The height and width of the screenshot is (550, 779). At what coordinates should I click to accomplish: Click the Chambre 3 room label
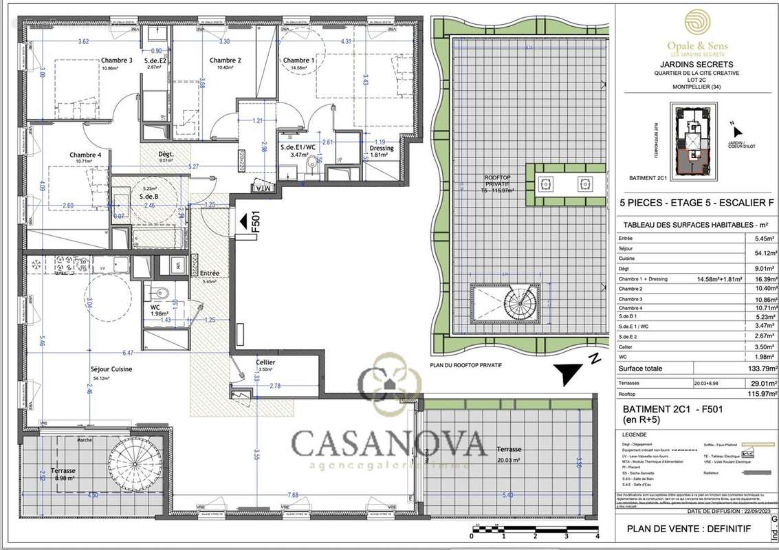click(x=117, y=60)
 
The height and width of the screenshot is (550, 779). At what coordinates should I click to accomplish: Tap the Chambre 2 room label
click(x=225, y=60)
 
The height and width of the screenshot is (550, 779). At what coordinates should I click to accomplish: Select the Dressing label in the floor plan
click(x=382, y=148)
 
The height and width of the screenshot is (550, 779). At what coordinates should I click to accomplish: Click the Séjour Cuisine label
click(x=111, y=368)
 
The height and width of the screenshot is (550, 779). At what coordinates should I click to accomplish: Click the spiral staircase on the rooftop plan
click(x=514, y=304)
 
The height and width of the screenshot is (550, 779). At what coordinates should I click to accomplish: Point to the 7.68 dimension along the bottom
click(x=294, y=495)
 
